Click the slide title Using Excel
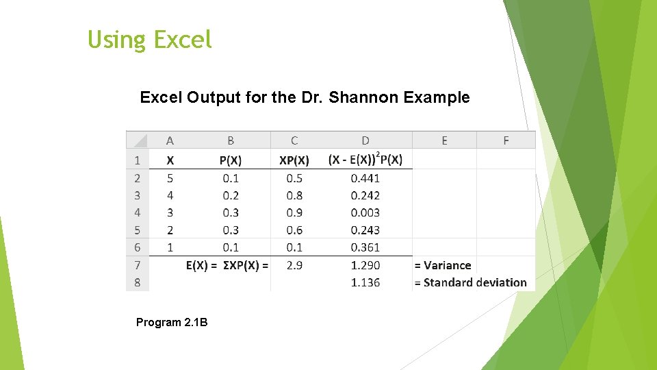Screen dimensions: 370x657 click(150, 40)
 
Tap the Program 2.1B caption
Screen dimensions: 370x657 click(172, 322)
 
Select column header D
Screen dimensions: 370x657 click(365, 140)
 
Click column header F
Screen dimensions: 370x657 click(506, 140)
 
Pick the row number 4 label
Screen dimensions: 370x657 click(137, 212)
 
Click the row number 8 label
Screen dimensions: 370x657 click(137, 282)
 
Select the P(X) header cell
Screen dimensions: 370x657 click(230, 160)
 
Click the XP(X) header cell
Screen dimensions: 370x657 click(294, 160)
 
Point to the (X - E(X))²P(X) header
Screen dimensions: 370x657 click(365, 160)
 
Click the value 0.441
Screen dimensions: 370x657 click(365, 178)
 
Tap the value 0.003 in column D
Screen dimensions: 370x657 click(365, 213)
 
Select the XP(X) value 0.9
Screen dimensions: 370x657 click(294, 213)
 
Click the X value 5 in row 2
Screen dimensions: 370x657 click(170, 178)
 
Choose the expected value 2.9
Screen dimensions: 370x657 click(294, 265)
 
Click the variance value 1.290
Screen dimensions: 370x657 click(365, 265)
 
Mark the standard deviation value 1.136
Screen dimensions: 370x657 click(365, 282)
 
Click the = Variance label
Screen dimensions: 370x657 click(443, 265)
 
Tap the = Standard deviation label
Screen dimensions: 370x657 click(470, 282)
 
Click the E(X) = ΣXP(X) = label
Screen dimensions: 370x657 click(227, 265)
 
